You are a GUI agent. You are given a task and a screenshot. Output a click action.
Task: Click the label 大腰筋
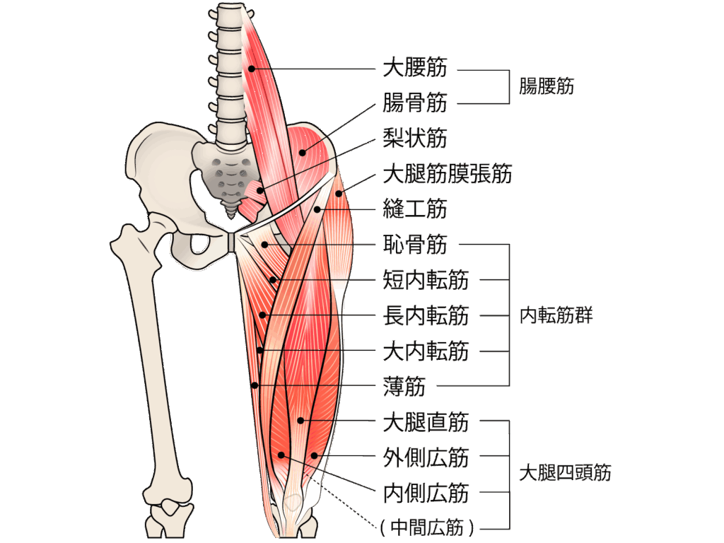click(x=414, y=69)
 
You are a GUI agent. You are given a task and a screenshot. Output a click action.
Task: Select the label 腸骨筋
click(x=414, y=104)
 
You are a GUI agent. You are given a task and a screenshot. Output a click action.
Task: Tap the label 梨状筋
click(x=414, y=139)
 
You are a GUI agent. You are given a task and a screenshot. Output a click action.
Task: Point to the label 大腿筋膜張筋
click(x=447, y=174)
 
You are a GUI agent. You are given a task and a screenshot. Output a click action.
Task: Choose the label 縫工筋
click(x=414, y=210)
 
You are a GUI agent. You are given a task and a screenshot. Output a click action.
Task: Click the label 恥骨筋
click(x=414, y=245)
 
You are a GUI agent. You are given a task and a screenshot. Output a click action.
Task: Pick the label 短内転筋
click(x=425, y=281)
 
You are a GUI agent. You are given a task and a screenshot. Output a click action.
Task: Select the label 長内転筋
click(x=425, y=316)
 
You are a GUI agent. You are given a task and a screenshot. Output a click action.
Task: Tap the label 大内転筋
click(x=425, y=351)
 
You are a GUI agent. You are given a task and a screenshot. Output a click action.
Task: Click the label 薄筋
click(x=404, y=387)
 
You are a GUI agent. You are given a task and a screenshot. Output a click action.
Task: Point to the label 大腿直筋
click(x=425, y=423)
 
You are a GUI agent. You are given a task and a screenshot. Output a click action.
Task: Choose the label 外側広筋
click(x=425, y=458)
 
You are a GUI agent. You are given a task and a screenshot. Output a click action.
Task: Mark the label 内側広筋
click(x=425, y=493)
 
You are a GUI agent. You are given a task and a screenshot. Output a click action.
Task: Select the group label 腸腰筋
click(x=546, y=87)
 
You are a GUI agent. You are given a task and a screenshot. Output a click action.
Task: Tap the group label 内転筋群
click(x=556, y=315)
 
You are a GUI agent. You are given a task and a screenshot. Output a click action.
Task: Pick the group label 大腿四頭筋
click(x=565, y=473)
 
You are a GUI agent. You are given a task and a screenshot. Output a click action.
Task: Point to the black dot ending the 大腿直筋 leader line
click(x=300, y=420)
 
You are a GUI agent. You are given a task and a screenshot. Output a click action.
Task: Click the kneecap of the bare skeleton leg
click(x=169, y=507)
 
